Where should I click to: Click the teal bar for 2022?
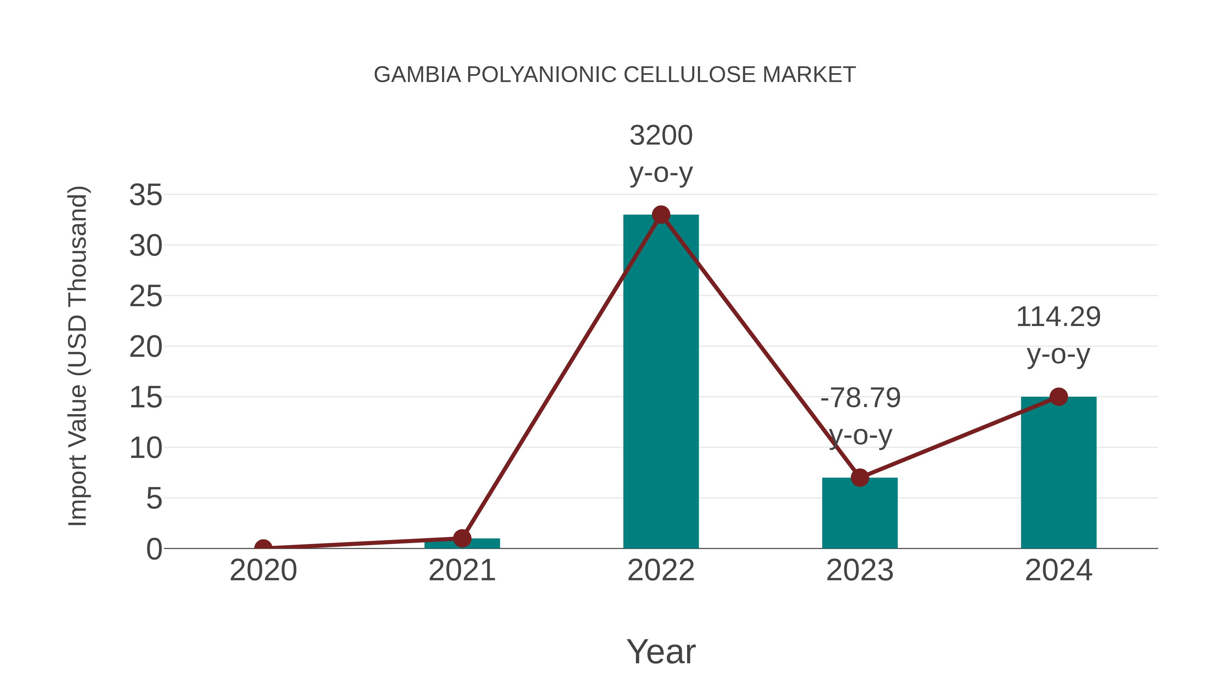click(x=661, y=382)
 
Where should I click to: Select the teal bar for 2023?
click(x=860, y=513)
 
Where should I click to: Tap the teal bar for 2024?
click(x=1058, y=473)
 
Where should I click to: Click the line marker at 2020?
click(x=263, y=547)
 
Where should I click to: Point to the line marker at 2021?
click(x=462, y=538)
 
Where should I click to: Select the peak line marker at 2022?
click(x=661, y=215)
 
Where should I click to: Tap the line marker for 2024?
click(x=1058, y=396)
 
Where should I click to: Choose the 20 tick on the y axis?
click(x=146, y=347)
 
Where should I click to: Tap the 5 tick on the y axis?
click(x=154, y=499)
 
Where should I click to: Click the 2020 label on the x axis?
click(x=263, y=570)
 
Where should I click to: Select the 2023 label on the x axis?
click(x=860, y=570)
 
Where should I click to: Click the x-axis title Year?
click(x=661, y=651)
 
